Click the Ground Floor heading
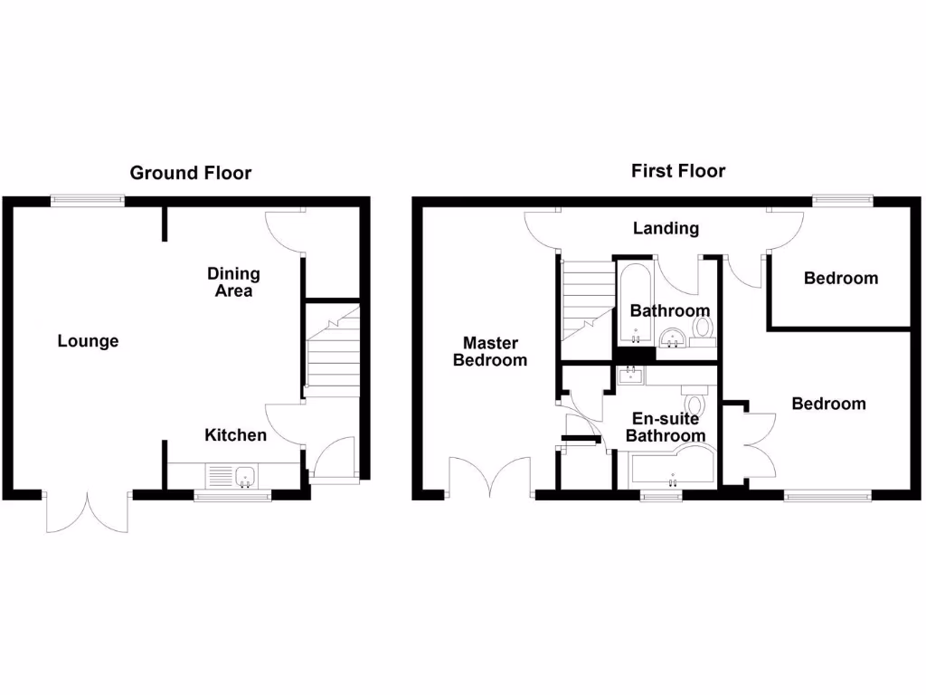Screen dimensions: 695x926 tap(191, 172)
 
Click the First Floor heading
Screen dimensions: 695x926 tap(677, 170)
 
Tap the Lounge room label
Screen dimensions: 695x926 tap(88, 341)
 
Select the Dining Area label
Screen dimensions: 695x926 tap(233, 281)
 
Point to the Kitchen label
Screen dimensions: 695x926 tap(235, 435)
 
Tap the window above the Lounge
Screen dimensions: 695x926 tap(88, 201)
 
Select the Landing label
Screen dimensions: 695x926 tap(666, 228)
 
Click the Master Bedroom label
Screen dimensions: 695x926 tap(490, 351)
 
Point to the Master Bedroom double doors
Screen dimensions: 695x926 tap(490, 477)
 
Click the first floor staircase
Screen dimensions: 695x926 tap(586, 299)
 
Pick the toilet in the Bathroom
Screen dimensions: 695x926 tap(702, 333)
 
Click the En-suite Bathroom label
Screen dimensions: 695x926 tap(666, 427)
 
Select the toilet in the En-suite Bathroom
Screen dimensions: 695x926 tap(695, 402)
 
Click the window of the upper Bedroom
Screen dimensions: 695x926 tap(843, 201)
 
